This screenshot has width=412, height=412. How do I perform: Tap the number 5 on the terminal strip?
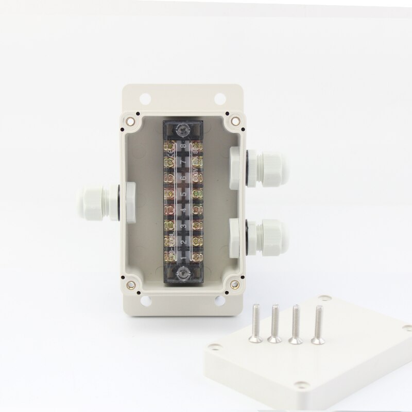coord(183,195)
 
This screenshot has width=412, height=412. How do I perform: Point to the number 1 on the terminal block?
coord(183,255)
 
